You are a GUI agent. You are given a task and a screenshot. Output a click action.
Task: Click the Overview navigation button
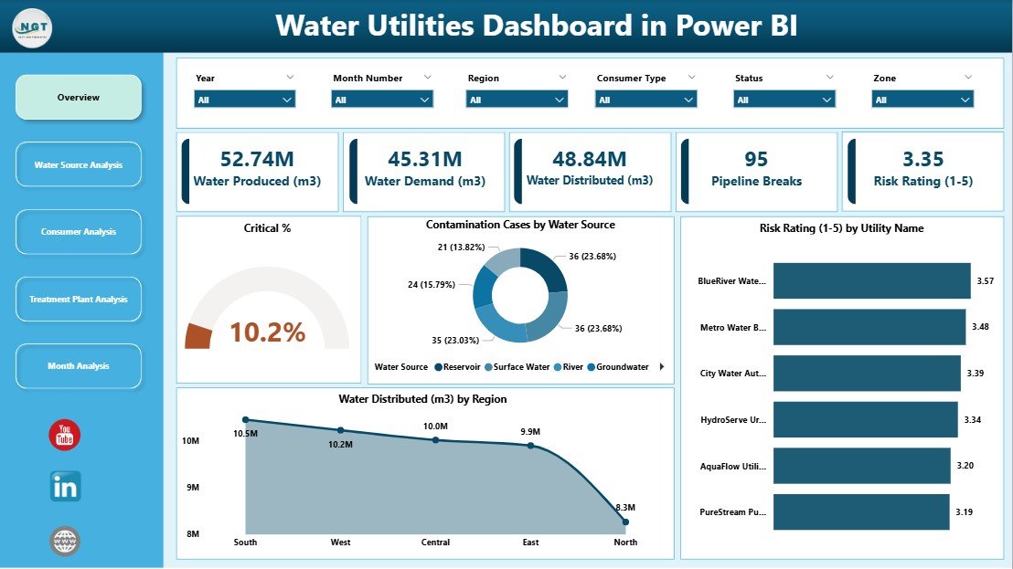pos(79,97)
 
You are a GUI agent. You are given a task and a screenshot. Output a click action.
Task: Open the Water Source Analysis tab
pos(79,164)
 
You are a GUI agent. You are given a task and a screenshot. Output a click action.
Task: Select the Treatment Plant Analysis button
pos(79,299)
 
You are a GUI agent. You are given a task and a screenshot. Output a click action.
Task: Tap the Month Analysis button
pos(79,366)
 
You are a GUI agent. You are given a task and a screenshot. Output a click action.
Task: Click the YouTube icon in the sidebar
pos(65,436)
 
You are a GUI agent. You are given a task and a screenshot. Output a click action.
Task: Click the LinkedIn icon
pos(65,487)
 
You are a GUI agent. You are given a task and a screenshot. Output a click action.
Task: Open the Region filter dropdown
pos(517,100)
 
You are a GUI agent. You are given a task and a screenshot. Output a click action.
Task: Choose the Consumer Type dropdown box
pos(645,100)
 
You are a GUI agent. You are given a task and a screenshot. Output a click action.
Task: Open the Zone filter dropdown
pos(922,100)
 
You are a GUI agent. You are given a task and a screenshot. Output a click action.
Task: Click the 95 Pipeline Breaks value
pos(756,160)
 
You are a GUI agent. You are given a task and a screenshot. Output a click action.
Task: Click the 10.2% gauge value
pos(267,333)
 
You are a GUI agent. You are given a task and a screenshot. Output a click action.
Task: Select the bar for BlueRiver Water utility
pos(871,280)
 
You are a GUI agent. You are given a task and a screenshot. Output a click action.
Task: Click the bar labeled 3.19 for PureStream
pos(861,511)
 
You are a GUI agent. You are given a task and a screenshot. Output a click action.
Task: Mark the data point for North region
pos(625,522)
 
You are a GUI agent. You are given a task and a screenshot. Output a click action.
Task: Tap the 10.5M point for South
pos(245,420)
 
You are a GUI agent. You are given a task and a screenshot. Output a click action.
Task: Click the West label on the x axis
pos(340,542)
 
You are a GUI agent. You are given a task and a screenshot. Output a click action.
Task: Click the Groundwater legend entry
pos(622,367)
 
